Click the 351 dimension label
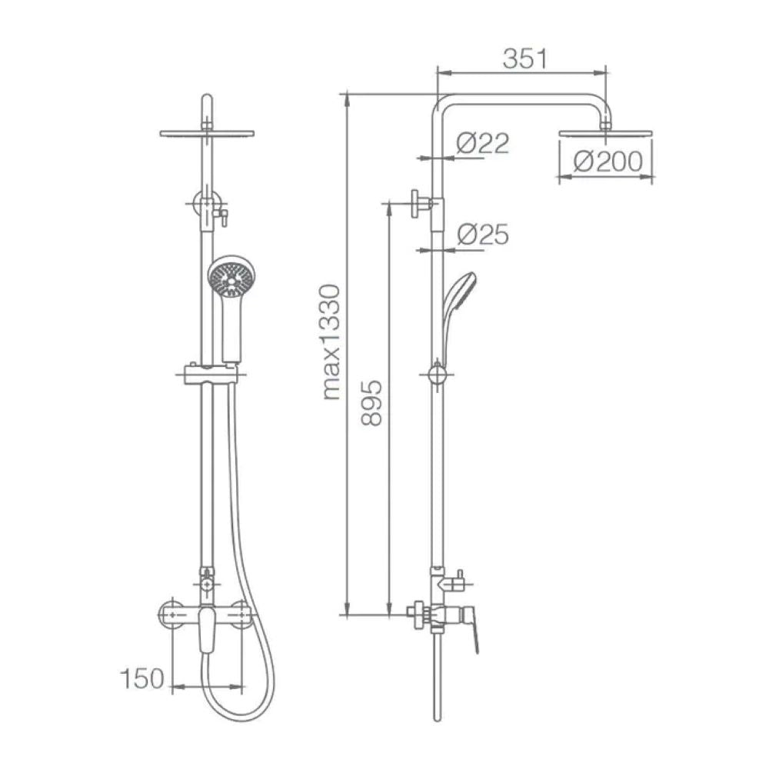click(x=524, y=59)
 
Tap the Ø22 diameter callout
click(x=483, y=143)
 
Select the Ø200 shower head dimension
click(x=608, y=161)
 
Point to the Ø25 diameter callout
click(x=483, y=234)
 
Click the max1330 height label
click(x=332, y=342)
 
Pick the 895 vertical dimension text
click(x=371, y=402)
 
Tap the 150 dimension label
click(x=141, y=679)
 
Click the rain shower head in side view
click(x=606, y=133)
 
